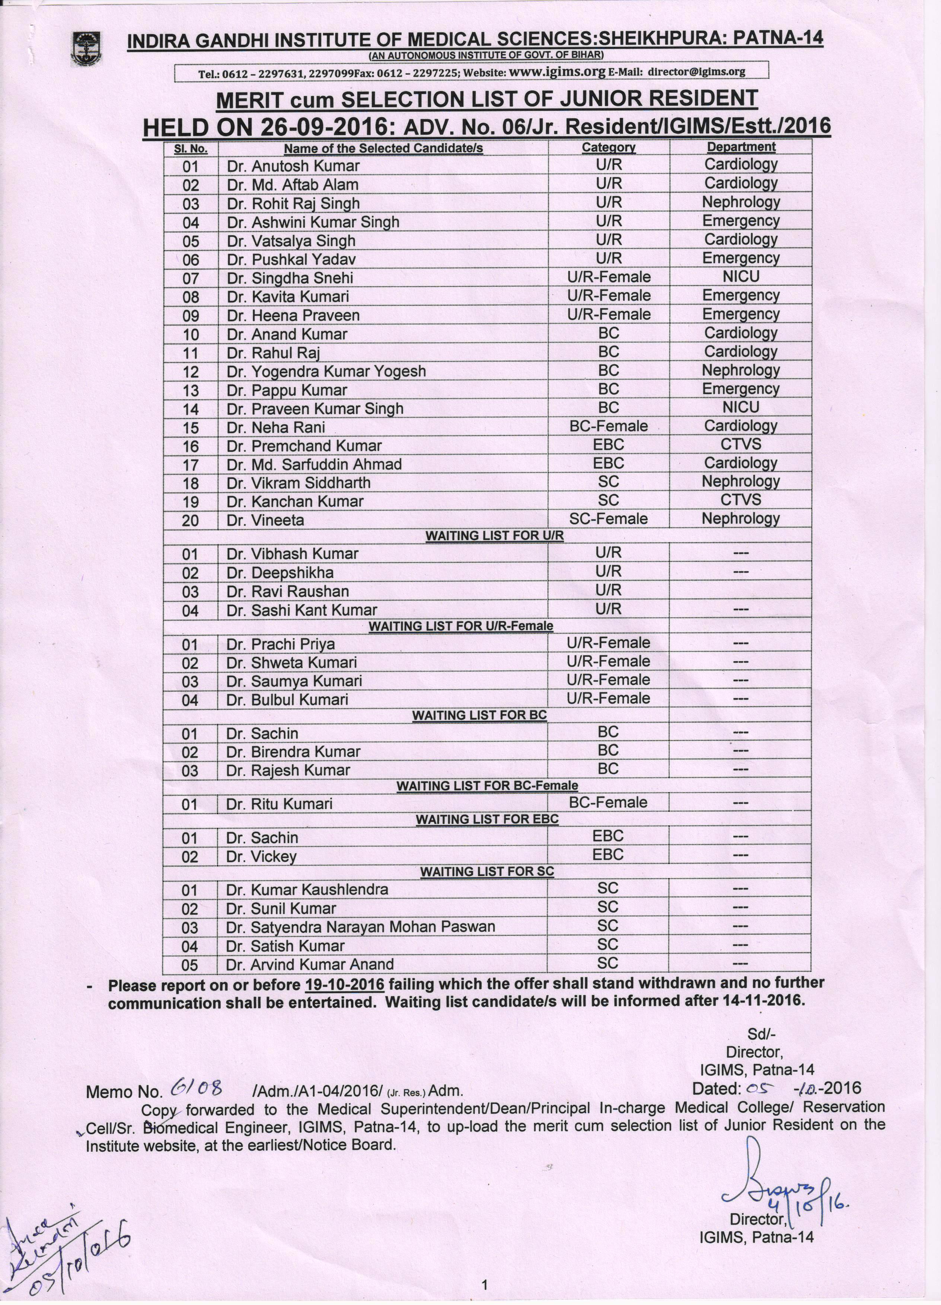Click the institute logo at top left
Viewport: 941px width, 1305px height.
pyautogui.click(x=86, y=48)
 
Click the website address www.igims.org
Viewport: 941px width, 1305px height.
pyautogui.click(x=557, y=71)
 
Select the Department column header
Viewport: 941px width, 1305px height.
pyautogui.click(x=741, y=147)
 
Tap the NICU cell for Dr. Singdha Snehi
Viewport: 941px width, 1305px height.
pyautogui.click(x=741, y=277)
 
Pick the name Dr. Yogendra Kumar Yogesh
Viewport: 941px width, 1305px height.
pyautogui.click(x=326, y=371)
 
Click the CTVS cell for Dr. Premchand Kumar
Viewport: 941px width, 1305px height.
pyautogui.click(x=741, y=444)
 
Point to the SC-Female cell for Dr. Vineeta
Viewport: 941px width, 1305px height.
pyautogui.click(x=608, y=519)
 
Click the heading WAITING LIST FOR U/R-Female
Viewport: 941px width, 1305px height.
pyautogui.click(x=460, y=626)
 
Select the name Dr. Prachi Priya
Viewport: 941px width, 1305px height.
pyautogui.click(x=281, y=644)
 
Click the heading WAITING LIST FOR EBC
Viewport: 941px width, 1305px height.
pyautogui.click(x=487, y=819)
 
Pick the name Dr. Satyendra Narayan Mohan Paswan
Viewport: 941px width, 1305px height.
pyautogui.click(x=360, y=927)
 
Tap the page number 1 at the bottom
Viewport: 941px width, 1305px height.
pyautogui.click(x=485, y=1284)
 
